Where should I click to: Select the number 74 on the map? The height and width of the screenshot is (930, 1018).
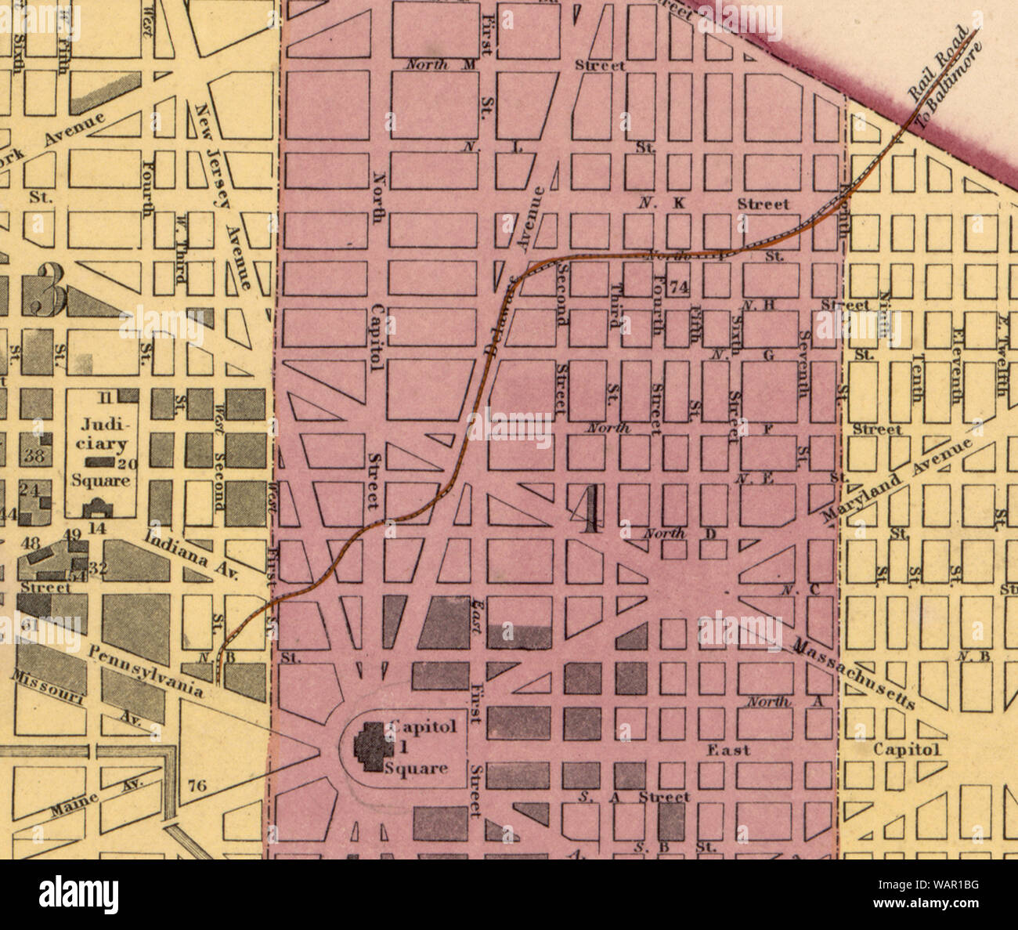tap(679, 288)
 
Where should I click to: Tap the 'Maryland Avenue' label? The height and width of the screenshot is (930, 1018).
tap(901, 472)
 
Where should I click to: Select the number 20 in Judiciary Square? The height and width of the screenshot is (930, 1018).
tap(128, 463)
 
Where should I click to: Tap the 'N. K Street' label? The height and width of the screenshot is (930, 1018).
tap(713, 204)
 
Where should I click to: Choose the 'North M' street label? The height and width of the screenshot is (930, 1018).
tap(440, 65)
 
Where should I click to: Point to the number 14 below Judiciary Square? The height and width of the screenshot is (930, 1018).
tap(96, 528)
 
